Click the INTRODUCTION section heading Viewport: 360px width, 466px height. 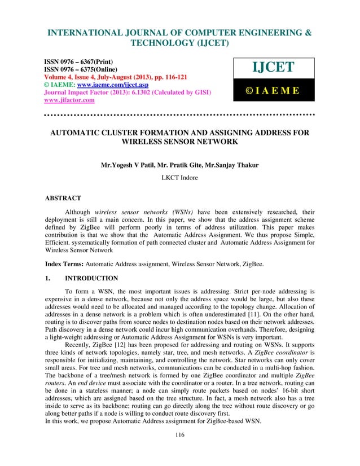coord(91,278)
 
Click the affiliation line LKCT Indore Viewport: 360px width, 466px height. coord(179,179)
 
